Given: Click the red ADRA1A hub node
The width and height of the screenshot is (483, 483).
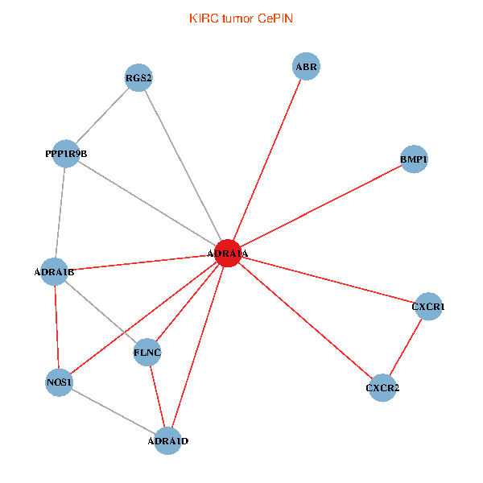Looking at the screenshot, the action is click(x=228, y=253).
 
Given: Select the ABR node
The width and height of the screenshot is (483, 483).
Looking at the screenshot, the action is click(x=306, y=66).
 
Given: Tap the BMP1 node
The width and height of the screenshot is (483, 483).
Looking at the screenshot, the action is click(x=414, y=159).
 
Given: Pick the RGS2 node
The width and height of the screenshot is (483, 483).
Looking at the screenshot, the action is click(x=138, y=77).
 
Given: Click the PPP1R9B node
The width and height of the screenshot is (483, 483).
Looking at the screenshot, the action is click(x=66, y=154).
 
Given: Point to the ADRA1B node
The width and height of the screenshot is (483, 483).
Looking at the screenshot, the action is click(x=54, y=272).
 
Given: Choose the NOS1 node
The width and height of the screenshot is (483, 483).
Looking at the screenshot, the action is click(x=59, y=382).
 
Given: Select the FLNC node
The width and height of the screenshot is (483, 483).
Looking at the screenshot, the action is click(x=147, y=352).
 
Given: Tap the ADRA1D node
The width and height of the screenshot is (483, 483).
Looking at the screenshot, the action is click(x=167, y=441).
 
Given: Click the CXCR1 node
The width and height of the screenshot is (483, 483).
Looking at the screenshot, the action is click(x=428, y=307).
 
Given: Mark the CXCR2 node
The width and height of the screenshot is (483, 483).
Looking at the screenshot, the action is click(x=382, y=387).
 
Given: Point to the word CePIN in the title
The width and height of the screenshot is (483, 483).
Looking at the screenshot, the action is click(x=275, y=19).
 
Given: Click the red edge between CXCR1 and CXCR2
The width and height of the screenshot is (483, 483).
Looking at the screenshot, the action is click(x=406, y=347).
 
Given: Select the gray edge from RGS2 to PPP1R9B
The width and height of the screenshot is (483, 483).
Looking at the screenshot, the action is click(x=102, y=115).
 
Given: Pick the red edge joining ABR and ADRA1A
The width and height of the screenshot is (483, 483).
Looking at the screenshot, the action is click(x=267, y=159).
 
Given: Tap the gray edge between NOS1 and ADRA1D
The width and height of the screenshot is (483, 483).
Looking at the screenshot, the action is click(x=114, y=411).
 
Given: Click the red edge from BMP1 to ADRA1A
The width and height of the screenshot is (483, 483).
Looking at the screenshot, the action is click(x=321, y=206).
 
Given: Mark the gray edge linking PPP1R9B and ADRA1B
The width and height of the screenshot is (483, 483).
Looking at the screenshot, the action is click(x=60, y=213).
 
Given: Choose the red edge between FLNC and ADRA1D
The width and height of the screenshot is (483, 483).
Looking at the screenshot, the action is click(x=158, y=396).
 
